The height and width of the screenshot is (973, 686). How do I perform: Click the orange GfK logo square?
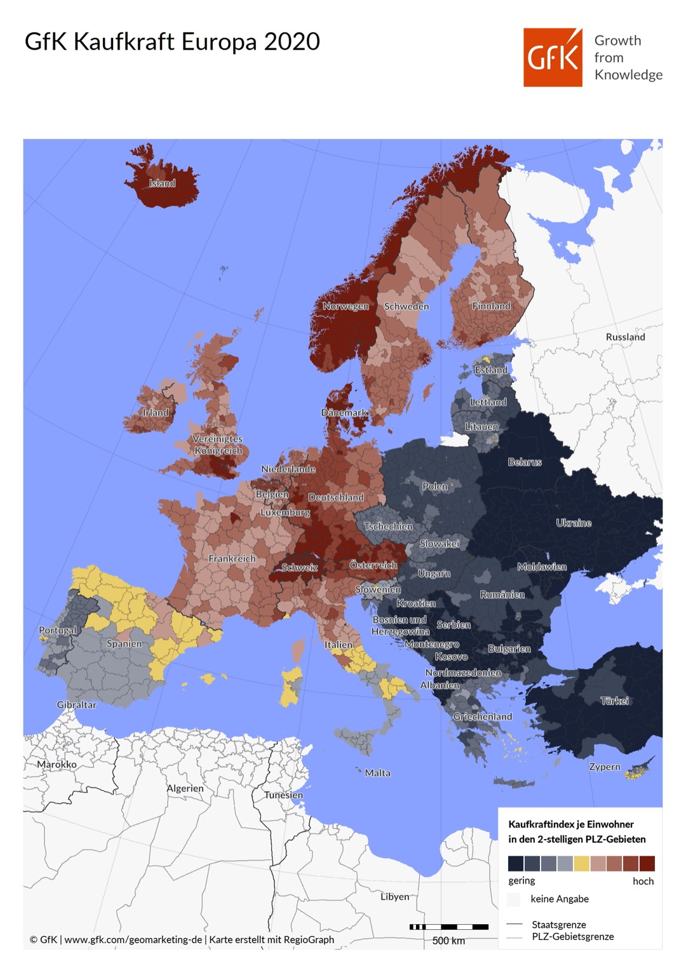point(553,57)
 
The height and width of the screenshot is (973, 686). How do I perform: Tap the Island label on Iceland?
point(162,184)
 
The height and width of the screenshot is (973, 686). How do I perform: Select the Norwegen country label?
point(346,306)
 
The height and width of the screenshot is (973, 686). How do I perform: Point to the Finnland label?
point(491,306)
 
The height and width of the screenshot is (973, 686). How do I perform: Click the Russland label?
point(625,337)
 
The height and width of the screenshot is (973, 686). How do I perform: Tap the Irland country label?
point(156,413)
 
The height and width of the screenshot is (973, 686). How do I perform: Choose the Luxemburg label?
point(285,512)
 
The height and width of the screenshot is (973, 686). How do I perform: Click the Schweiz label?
point(299,568)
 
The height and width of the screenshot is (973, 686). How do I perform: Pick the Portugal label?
point(57,631)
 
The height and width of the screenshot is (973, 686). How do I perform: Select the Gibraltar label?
point(76,705)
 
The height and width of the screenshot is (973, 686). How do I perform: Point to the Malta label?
point(377,773)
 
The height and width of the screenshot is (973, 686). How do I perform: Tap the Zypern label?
point(604,767)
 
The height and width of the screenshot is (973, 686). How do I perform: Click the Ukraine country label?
point(574,523)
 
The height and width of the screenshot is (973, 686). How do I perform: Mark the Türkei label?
point(614,701)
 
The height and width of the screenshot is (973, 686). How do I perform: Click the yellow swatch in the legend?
point(582,864)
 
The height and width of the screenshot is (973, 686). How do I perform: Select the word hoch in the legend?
point(643,881)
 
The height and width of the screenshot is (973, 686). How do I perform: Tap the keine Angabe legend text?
point(559,899)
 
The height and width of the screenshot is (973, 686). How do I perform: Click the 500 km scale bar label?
point(448,941)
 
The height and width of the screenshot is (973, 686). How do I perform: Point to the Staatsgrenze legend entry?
point(558,925)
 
